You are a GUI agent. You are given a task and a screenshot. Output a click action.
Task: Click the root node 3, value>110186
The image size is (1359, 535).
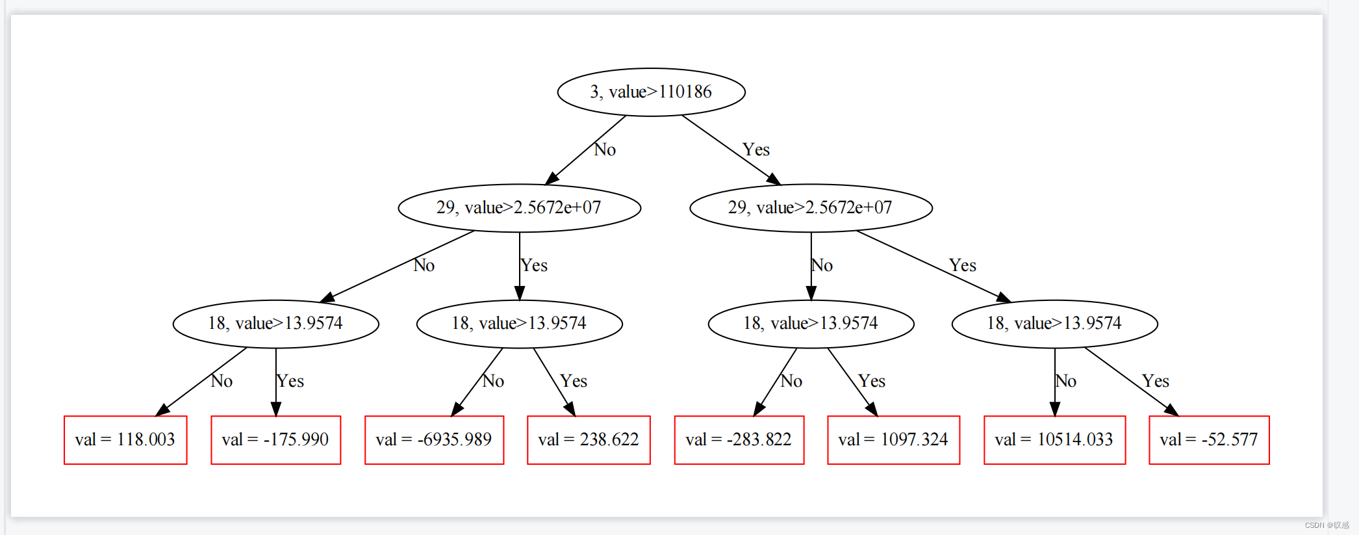[651, 92]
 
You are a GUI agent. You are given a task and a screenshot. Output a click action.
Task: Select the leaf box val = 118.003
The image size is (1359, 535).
[125, 440]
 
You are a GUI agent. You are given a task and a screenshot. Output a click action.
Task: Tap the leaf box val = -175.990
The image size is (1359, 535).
[275, 440]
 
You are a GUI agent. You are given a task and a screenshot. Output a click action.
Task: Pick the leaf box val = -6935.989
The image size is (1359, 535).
[434, 440]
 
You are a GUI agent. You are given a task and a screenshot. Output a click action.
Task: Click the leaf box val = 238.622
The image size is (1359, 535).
[589, 440]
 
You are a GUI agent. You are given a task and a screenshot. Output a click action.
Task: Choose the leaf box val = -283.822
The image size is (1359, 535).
[739, 440]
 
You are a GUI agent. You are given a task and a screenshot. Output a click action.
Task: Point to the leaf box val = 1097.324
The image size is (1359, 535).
[893, 440]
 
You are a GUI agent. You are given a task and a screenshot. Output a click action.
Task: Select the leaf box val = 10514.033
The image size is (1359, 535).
[1054, 440]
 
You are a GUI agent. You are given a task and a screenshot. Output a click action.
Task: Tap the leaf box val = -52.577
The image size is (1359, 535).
[1209, 440]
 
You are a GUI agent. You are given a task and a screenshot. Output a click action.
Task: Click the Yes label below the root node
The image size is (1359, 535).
[756, 150]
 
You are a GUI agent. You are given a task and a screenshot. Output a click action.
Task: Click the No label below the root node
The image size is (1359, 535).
[605, 150]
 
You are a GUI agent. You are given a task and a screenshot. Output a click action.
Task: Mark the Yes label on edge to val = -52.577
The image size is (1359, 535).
[1156, 382]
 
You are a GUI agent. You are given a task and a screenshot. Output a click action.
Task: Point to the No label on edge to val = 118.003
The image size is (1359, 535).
[222, 382]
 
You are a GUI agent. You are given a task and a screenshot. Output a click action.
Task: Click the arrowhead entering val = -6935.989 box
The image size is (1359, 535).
[456, 410]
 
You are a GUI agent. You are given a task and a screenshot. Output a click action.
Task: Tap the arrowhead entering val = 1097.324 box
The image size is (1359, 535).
[872, 409]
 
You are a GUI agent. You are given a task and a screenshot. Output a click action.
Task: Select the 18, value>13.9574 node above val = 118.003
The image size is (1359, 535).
[275, 324]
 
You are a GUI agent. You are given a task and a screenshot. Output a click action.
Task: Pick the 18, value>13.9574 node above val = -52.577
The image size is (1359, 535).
[1054, 324]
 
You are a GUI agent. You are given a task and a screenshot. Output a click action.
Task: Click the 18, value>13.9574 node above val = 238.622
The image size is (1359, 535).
[519, 324]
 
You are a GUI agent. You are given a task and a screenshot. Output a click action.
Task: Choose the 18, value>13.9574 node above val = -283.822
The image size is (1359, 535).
[811, 324]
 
